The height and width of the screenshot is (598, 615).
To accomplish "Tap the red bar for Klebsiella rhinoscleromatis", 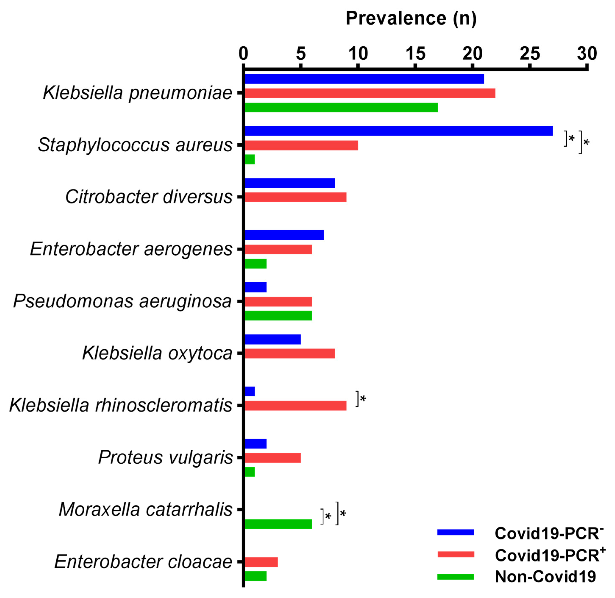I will coord(295,406).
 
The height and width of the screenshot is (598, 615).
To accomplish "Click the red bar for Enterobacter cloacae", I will coord(261,562).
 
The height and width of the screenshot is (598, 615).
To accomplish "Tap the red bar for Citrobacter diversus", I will coord(295,197).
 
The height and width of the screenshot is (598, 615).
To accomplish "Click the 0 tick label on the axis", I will coord(243,53).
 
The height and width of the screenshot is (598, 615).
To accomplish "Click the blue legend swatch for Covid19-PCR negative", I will coord(455,532).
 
